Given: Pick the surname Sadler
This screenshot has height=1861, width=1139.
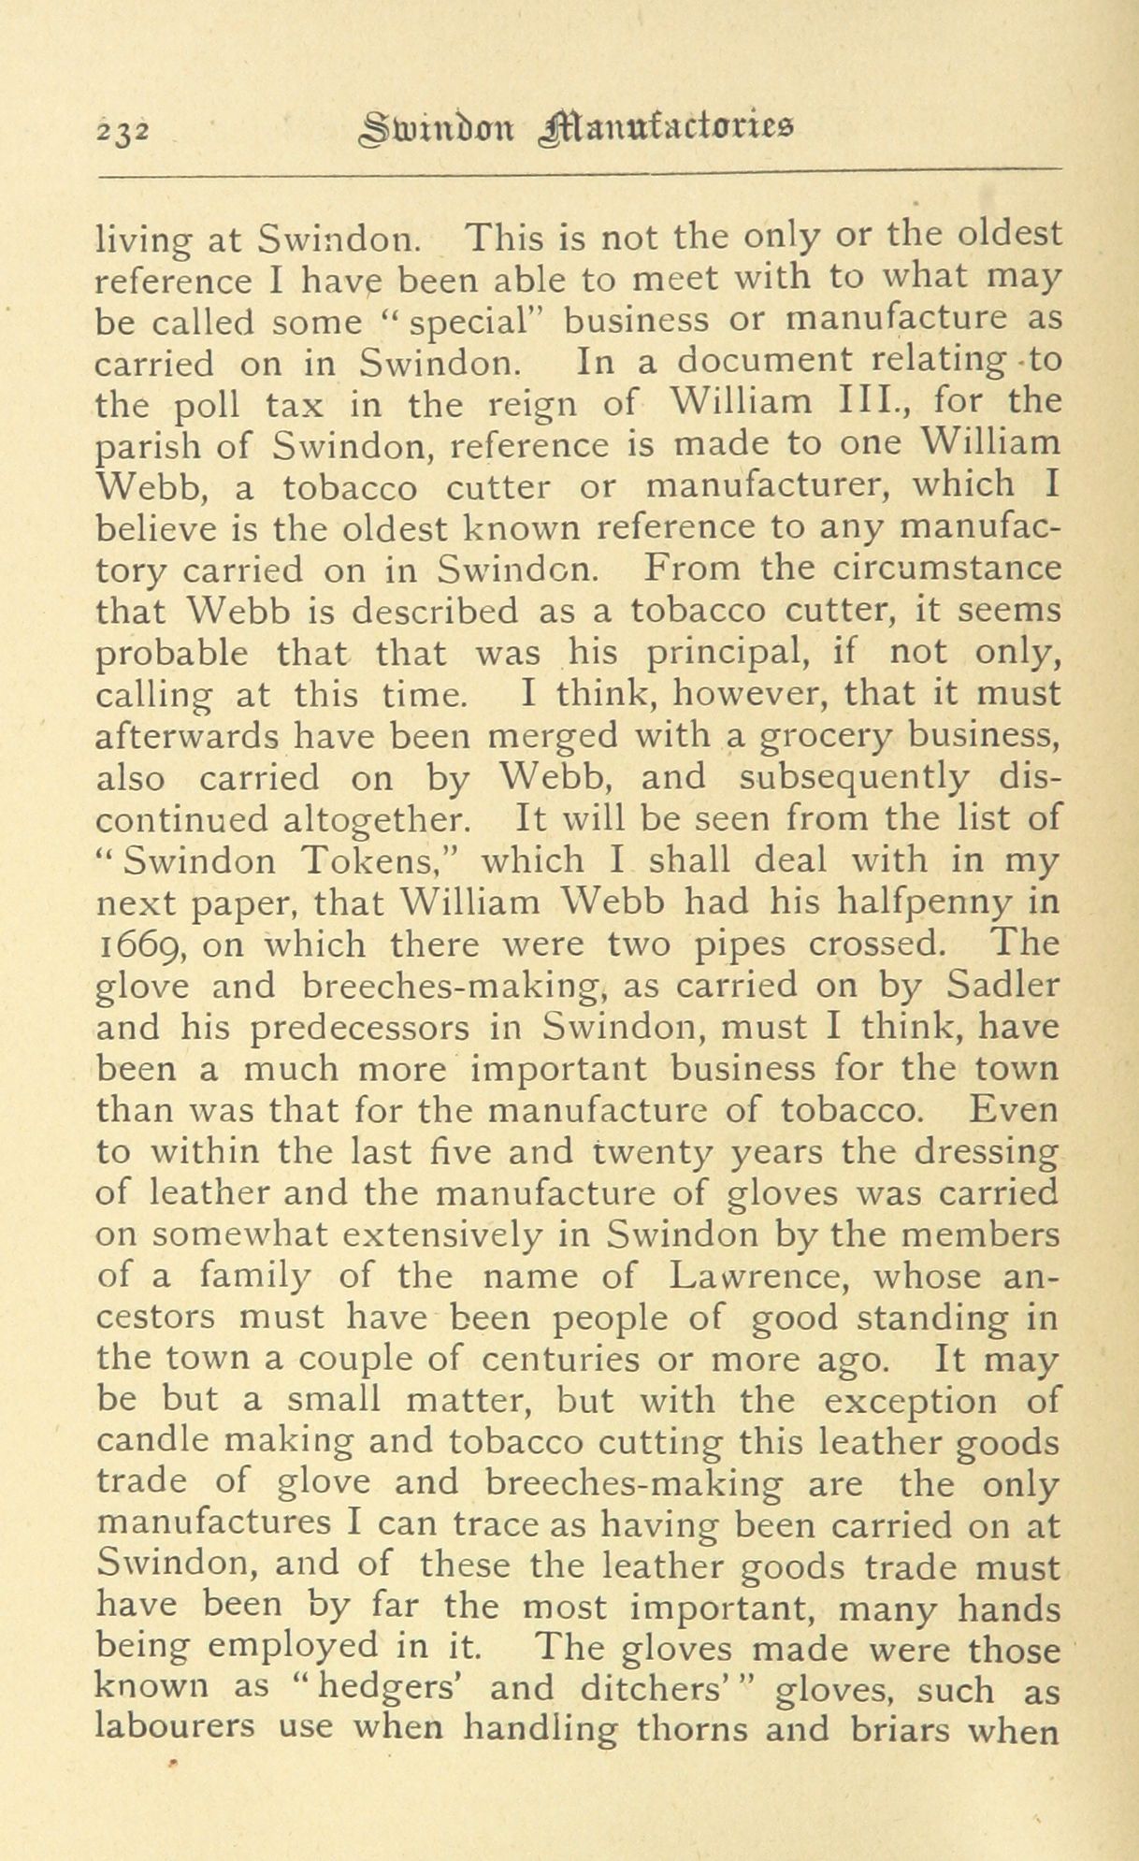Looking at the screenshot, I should (1003, 985).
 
